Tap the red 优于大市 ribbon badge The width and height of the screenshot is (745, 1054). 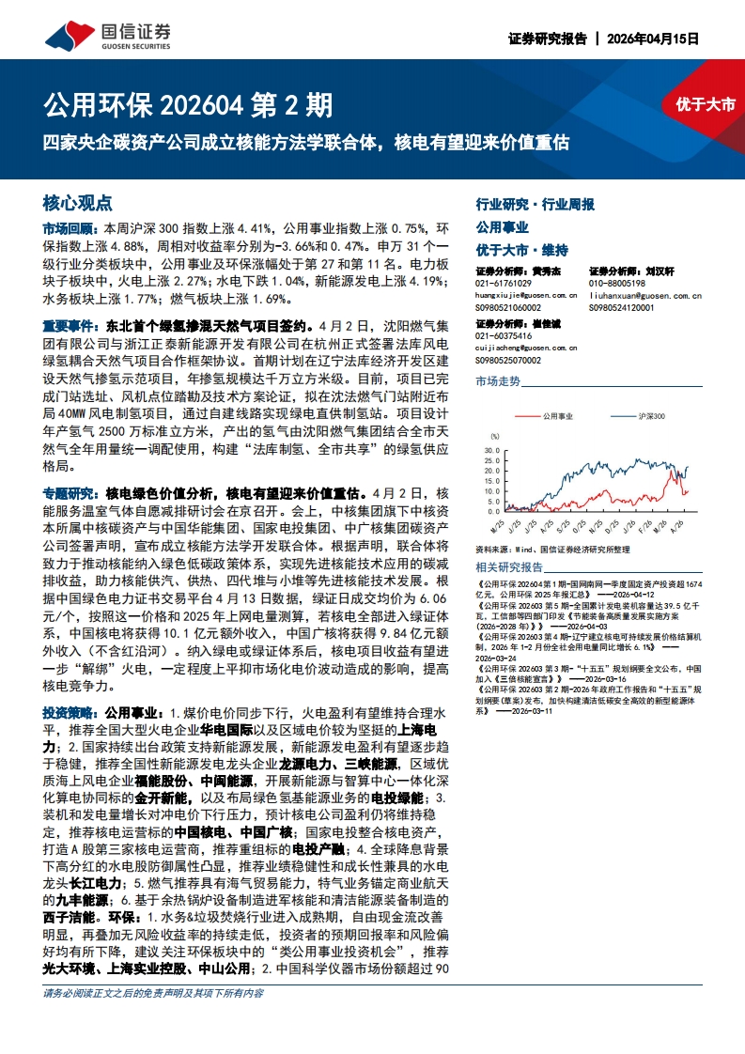pos(705,104)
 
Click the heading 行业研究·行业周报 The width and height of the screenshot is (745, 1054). pos(535,204)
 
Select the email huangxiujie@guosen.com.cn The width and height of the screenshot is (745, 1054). pos(526,294)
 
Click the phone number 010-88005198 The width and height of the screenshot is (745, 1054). pos(617,283)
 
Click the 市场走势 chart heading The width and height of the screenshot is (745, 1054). pos(498,381)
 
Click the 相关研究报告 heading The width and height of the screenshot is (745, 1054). pos(509,567)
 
